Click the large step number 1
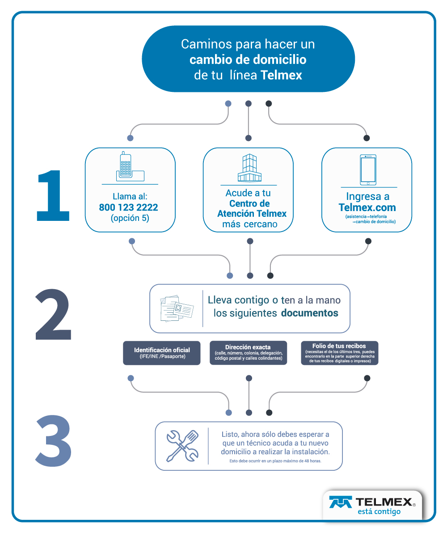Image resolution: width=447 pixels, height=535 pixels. click(x=54, y=195)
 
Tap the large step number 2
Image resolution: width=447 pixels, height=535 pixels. click(x=53, y=315)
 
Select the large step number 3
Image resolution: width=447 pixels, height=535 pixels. click(x=54, y=441)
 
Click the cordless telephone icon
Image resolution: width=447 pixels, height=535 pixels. click(x=130, y=166)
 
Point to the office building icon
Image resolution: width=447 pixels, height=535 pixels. click(x=249, y=167)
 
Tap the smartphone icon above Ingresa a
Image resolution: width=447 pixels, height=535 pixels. click(x=368, y=170)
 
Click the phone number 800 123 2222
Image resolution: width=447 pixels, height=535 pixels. click(x=128, y=207)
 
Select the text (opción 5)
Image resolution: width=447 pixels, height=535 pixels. click(x=130, y=218)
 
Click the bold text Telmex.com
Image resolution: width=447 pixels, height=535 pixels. click(x=367, y=207)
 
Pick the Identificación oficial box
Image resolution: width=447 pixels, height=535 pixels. click(x=162, y=353)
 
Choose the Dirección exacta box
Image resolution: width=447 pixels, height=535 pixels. click(x=249, y=353)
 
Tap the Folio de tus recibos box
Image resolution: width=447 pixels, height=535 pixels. click(x=340, y=353)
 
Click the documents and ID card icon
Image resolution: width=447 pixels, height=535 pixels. click(x=177, y=308)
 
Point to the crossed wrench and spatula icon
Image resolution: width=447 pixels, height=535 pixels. click(x=182, y=446)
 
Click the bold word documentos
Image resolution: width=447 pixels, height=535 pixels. click(x=310, y=313)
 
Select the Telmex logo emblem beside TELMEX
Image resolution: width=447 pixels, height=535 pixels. click(x=340, y=502)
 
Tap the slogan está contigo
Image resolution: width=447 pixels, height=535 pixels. click(x=379, y=511)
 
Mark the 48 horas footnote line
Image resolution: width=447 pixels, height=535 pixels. click(x=275, y=461)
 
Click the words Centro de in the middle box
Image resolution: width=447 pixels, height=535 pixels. click(x=249, y=203)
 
